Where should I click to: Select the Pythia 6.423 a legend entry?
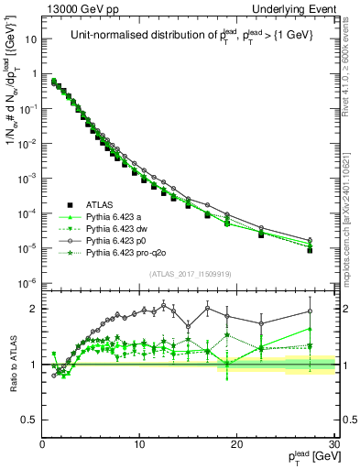(x=115, y=217)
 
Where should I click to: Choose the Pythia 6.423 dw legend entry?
(x=118, y=229)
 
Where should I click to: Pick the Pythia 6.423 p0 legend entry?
(x=117, y=241)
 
